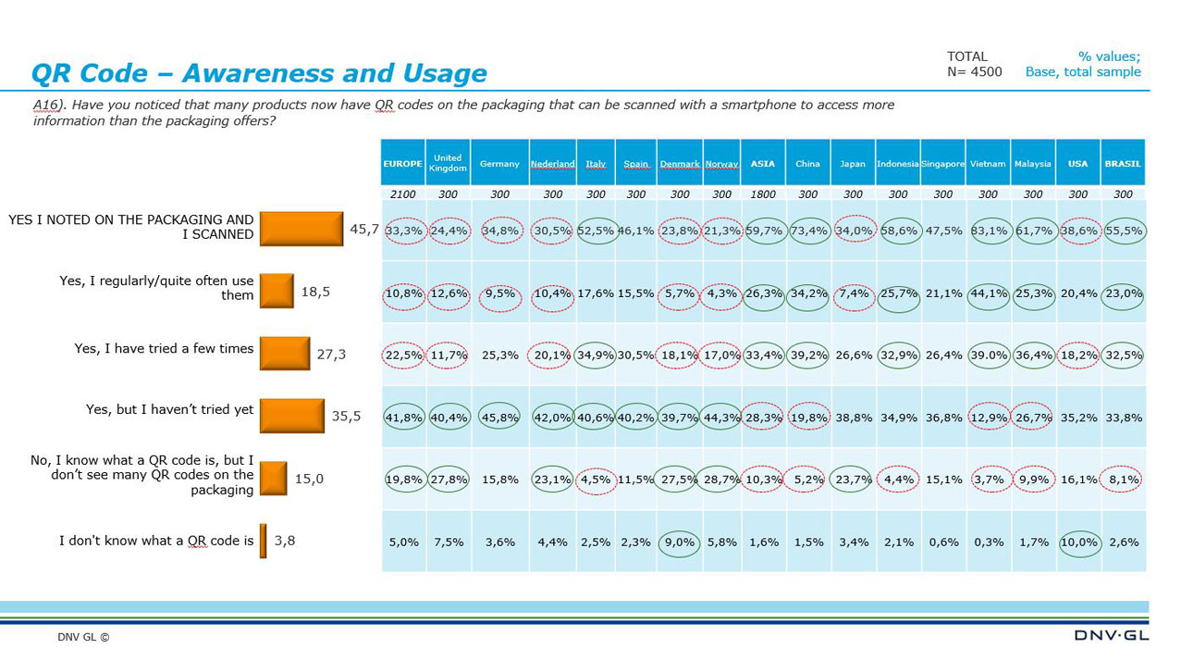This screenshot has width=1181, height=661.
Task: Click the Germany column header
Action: coord(499,164)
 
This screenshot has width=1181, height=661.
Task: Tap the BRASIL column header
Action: coord(1123,164)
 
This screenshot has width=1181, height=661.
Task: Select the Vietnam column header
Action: coord(988,164)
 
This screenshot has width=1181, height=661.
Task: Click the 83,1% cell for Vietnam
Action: coord(988,231)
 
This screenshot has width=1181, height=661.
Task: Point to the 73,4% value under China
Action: coord(807,231)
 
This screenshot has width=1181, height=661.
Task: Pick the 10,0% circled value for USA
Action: coord(1078,543)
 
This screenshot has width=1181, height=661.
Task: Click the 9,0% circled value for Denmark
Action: coord(680,543)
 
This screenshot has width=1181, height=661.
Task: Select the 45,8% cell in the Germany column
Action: coord(499,418)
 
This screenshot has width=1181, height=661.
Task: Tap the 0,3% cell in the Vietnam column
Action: coord(988,543)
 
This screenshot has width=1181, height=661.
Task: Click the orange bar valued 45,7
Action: coord(301,229)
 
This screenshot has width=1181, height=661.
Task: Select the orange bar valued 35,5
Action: coord(292,416)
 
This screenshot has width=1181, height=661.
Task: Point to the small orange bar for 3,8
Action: coord(264,541)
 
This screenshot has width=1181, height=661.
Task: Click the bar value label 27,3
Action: coord(330,354)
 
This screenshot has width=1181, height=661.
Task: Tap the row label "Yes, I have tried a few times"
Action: coord(164,349)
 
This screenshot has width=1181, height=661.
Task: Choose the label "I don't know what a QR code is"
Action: coord(156,541)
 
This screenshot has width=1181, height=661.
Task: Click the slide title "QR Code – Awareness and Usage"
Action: coord(259,73)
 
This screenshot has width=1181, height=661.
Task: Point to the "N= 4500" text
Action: coord(974,72)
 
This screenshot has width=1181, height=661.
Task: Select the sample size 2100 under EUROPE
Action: coord(402,194)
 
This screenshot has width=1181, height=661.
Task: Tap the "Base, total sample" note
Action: coord(1083,72)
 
